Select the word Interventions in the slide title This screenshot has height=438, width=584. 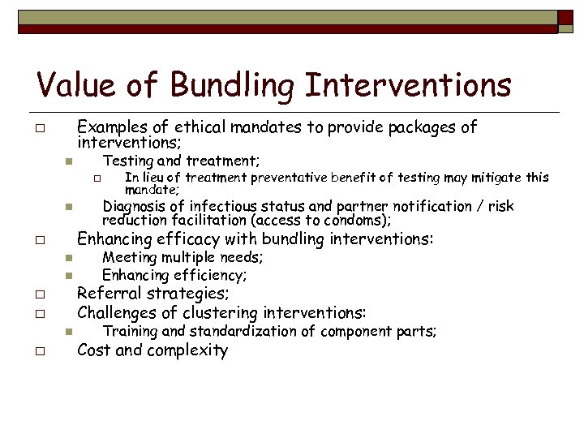coord(414,84)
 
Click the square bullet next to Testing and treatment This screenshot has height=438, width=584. coord(71,161)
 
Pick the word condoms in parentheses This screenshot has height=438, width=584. coord(364,221)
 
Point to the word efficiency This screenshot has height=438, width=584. coord(206,276)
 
